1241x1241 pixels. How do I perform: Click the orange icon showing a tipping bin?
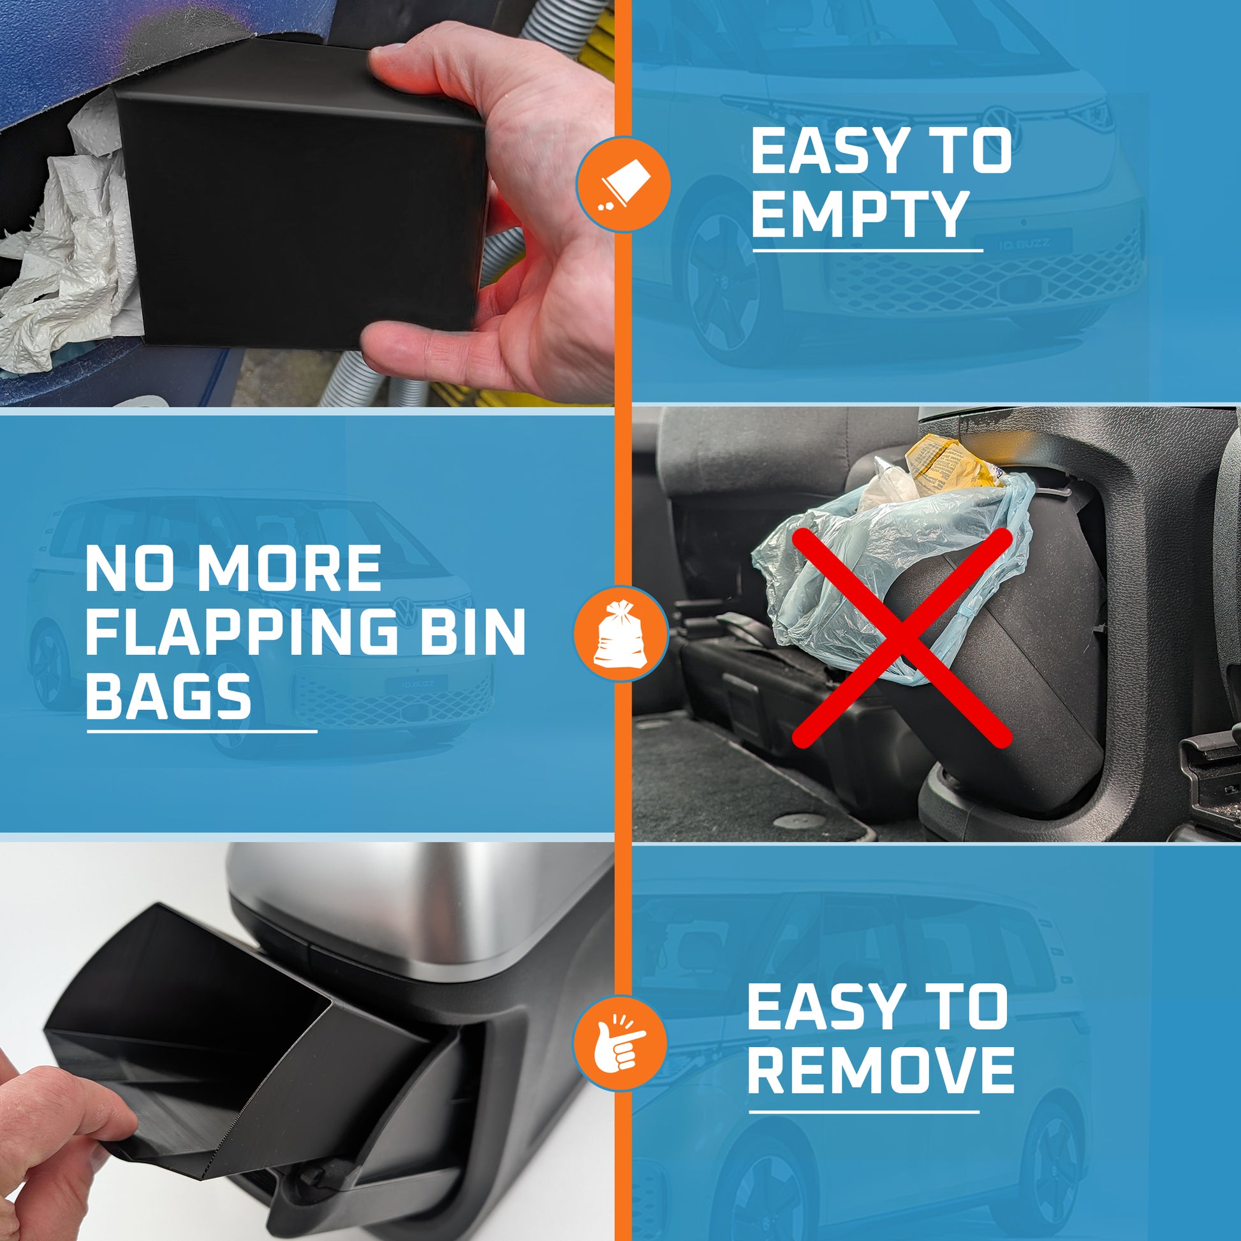pos(623,184)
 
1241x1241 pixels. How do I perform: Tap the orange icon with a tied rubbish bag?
pos(620,634)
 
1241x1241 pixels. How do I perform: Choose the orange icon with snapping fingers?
pos(620,1044)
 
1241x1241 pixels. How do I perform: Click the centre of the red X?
pos(902,638)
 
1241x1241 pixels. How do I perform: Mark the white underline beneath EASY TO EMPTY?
pos(867,251)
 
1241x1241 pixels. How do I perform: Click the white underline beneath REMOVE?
pos(864,1112)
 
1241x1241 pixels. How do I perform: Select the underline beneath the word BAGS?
pos(202,730)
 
